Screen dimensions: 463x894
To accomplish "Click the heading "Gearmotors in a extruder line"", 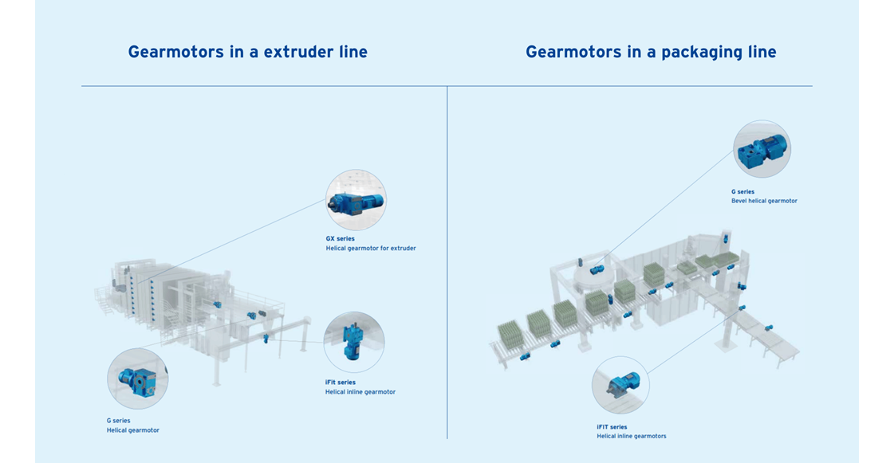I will click(x=247, y=53).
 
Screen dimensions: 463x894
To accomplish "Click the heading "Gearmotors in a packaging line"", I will click(x=651, y=53).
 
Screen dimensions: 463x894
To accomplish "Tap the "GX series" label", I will click(x=340, y=238).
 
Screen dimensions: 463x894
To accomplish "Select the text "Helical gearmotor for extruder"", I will click(x=371, y=249).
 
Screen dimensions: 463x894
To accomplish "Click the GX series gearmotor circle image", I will click(x=356, y=200).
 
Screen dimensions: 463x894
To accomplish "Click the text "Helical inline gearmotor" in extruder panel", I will click(x=360, y=392).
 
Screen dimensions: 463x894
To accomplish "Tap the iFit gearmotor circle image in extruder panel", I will click(x=354, y=342).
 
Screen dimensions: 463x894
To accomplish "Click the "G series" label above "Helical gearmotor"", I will click(x=118, y=420).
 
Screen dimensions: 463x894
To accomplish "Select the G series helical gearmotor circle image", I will click(x=137, y=379).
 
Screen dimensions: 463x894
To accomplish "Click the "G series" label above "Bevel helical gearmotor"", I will click(x=742, y=191).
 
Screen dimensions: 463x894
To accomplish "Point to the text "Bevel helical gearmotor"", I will click(x=764, y=201).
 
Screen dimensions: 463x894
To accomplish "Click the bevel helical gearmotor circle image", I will click(x=762, y=149).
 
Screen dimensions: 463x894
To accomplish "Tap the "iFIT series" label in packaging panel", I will click(x=612, y=426).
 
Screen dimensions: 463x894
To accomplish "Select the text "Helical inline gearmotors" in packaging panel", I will click(x=632, y=437).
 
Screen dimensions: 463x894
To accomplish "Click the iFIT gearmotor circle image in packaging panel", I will click(x=620, y=385).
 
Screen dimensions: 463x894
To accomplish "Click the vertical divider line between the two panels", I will click(x=447, y=263).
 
